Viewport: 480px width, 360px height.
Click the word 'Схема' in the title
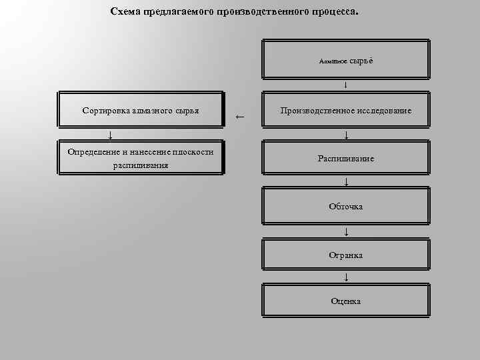click(126, 12)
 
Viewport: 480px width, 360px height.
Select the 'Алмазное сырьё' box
click(346, 60)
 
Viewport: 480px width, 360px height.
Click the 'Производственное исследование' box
click(346, 109)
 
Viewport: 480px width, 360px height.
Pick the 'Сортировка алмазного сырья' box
click(141, 109)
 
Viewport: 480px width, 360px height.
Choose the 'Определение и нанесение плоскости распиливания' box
click(141, 159)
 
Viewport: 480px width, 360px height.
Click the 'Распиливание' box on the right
click(346, 159)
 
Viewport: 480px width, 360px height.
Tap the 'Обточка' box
click(346, 207)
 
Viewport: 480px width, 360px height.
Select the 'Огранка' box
click(346, 255)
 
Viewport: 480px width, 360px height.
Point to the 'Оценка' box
click(346, 301)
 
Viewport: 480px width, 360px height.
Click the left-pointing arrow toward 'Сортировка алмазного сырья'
click(241, 117)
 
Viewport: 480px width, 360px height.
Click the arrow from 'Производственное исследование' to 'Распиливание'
click(346, 135)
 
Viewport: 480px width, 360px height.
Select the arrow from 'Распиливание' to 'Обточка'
click(346, 182)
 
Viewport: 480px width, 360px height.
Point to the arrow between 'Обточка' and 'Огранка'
click(346, 232)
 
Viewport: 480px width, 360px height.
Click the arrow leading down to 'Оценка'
click(346, 277)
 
